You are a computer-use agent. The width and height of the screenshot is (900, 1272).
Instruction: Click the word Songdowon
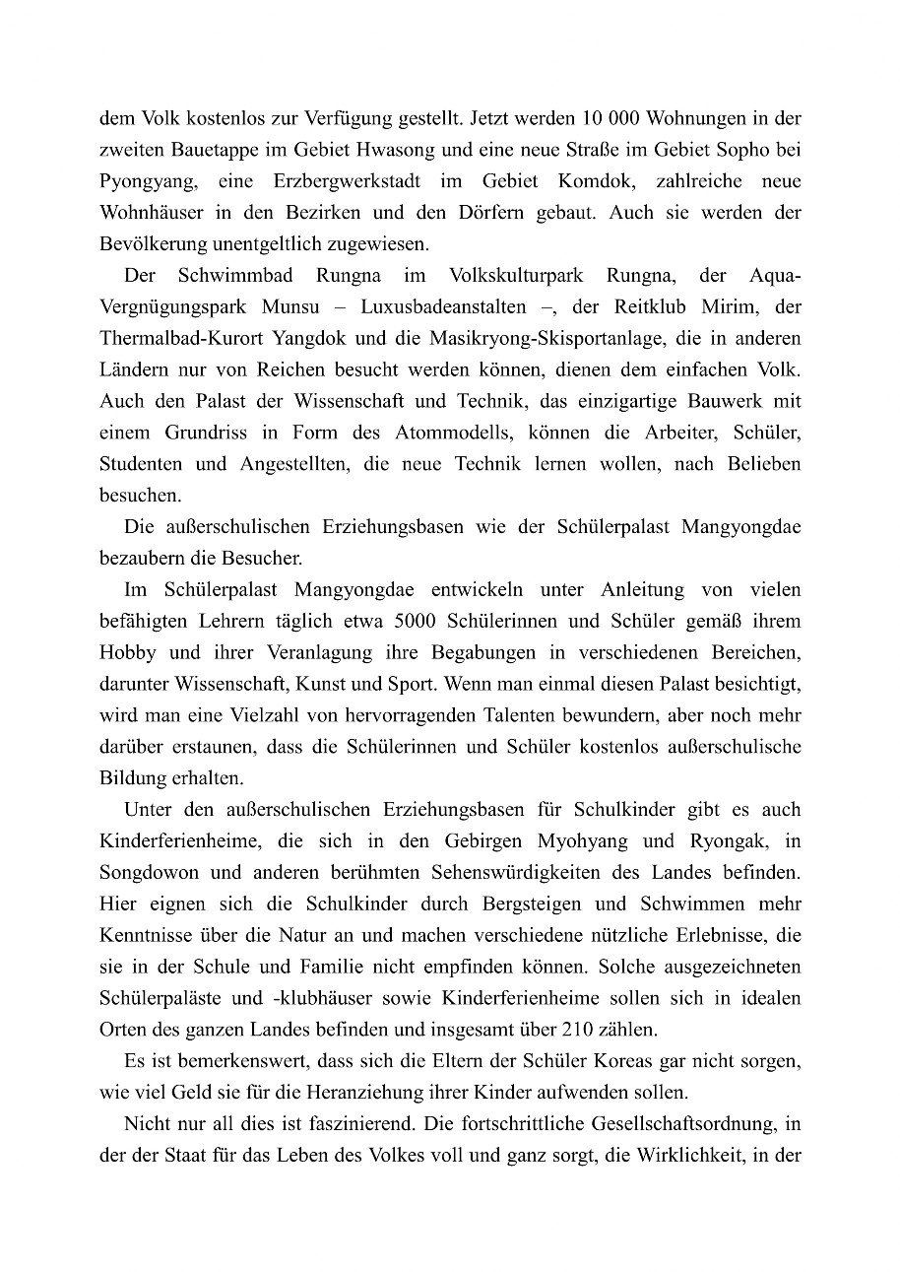(x=144, y=873)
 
